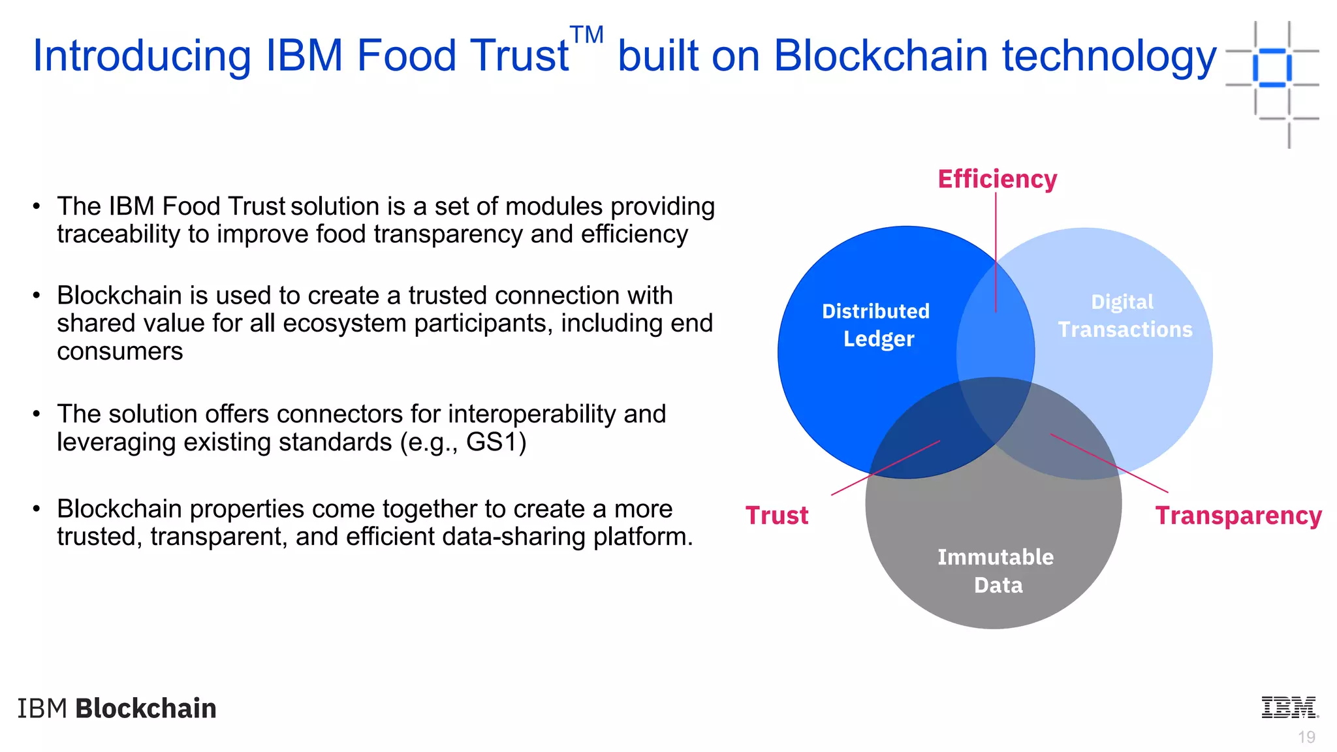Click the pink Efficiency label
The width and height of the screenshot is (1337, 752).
997,179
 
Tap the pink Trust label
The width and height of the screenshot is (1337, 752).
777,516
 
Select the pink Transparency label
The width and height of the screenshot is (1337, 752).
1238,516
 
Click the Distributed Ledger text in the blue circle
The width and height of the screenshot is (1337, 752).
876,325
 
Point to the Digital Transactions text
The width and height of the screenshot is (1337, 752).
1125,316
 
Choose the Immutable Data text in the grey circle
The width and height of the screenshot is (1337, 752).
996,571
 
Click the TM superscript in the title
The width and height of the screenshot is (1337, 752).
586,35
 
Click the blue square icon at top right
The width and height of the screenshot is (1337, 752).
1272,68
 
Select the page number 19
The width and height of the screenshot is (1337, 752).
1306,737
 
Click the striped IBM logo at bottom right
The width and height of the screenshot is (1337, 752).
1289,708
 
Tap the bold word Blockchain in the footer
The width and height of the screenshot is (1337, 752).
146,708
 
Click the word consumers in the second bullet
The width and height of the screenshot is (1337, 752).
120,351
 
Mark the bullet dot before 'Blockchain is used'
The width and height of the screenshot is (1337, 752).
37,296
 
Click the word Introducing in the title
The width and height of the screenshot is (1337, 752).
142,55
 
